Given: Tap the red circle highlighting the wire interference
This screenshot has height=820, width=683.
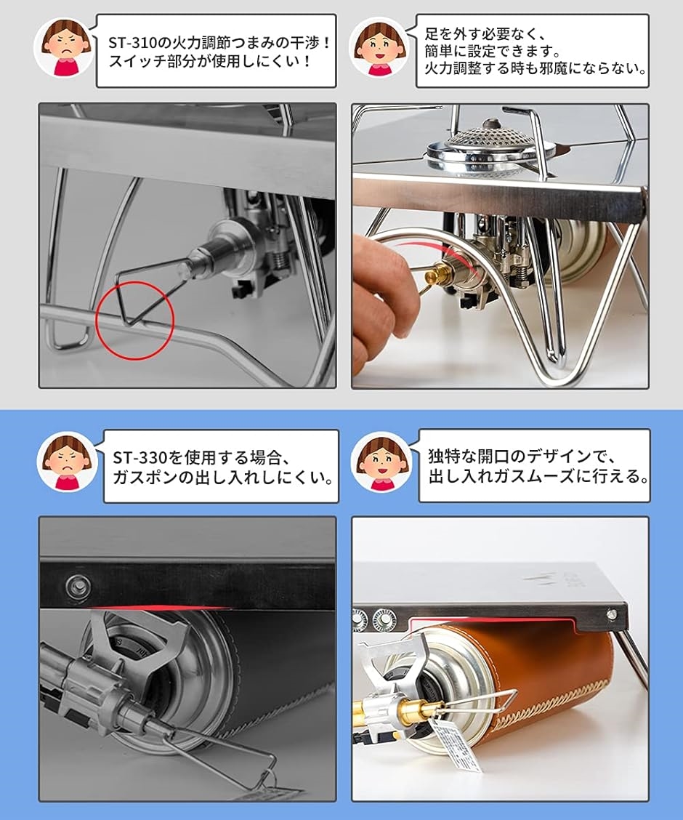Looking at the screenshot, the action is pyautogui.click(x=134, y=320).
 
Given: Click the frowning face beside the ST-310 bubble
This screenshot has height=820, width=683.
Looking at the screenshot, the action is pyautogui.click(x=64, y=48).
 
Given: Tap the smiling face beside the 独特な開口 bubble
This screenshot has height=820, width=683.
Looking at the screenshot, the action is pyautogui.click(x=382, y=461).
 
